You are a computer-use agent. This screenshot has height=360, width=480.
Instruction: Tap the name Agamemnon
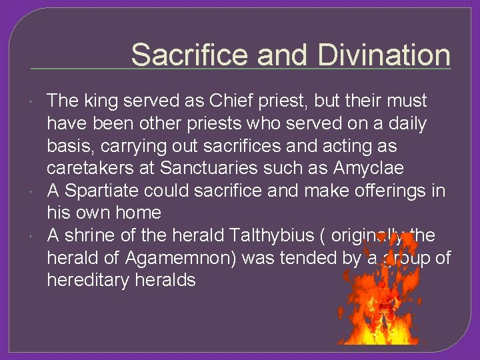click(x=175, y=258)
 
